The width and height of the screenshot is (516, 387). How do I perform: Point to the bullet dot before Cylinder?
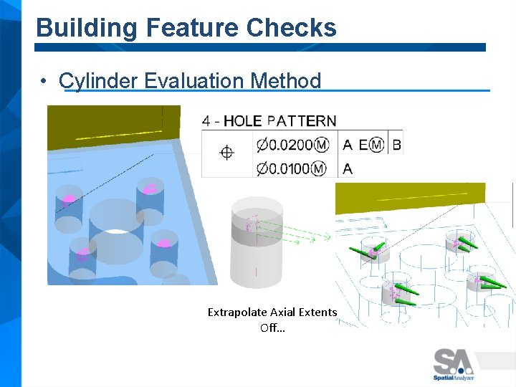44,81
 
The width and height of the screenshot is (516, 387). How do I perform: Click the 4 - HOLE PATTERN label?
269,121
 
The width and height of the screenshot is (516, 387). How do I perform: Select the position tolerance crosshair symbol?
226,152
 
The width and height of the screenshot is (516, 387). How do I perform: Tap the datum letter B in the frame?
396,145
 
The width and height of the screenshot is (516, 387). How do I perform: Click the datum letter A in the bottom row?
348,169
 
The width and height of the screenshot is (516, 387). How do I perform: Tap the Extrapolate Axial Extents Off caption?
272,320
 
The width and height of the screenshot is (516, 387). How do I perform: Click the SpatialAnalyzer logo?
453,363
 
